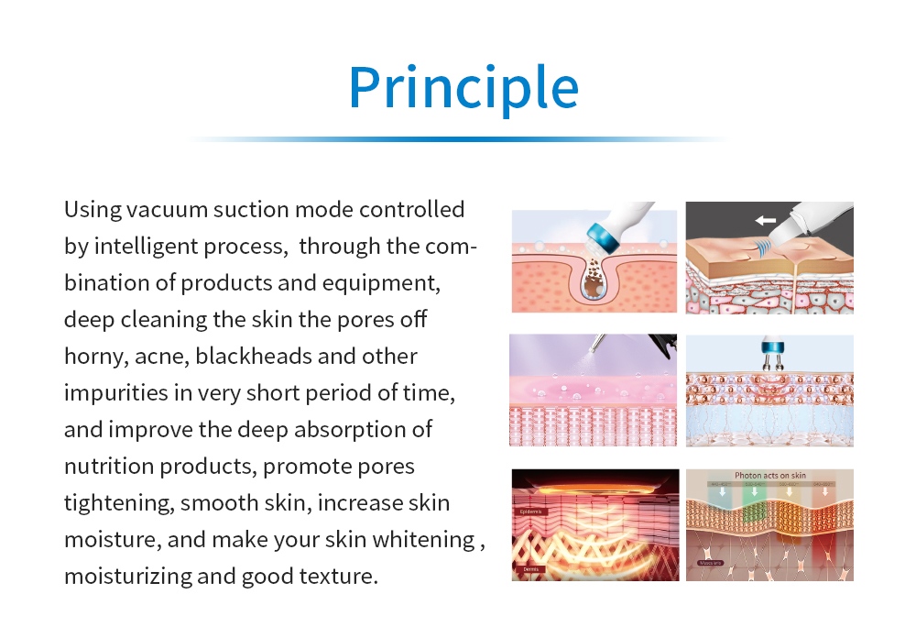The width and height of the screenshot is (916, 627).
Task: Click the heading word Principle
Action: pos(463,88)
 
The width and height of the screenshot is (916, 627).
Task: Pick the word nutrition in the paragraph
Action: pos(109,467)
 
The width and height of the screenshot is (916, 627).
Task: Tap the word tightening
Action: pos(119,503)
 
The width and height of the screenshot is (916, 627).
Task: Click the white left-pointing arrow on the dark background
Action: pos(766,221)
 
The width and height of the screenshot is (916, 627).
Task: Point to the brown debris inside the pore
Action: pos(595,280)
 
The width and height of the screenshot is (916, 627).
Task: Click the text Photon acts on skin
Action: pos(769,476)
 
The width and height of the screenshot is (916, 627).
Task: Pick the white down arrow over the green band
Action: pos(754,491)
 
